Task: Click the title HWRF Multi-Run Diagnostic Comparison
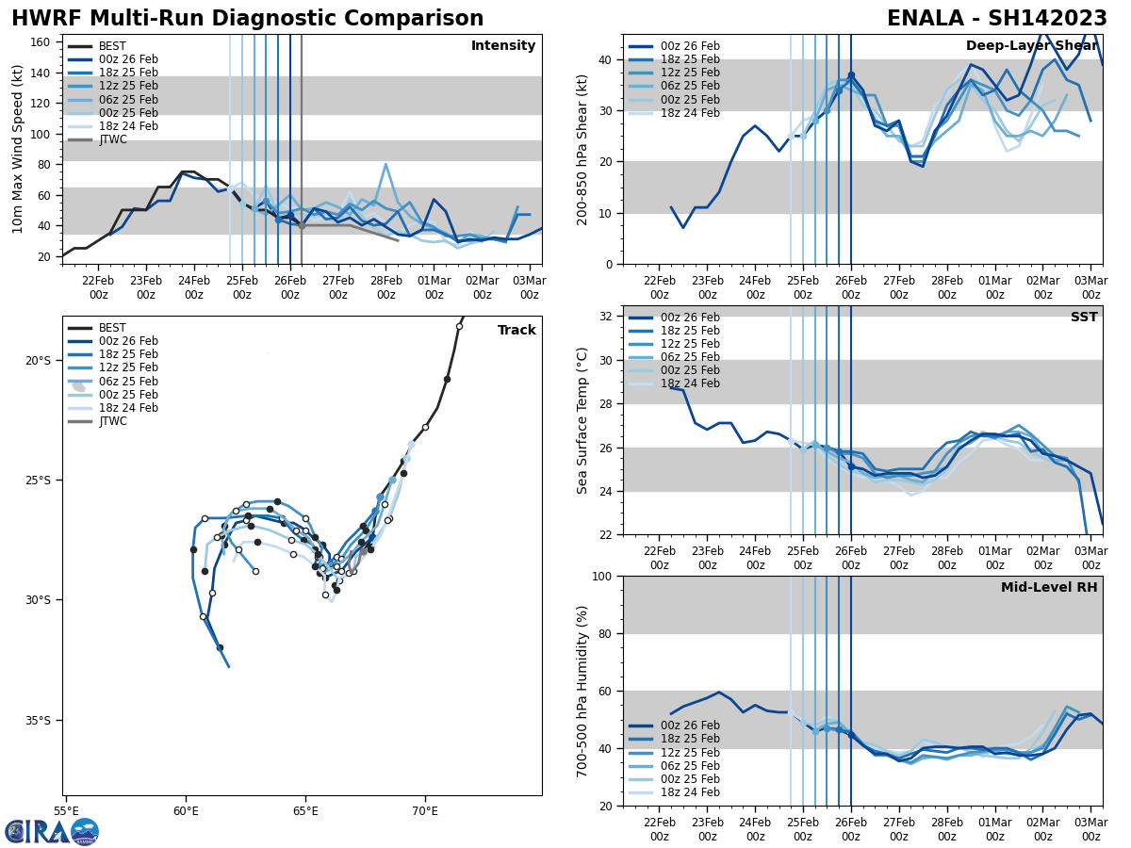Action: (247, 19)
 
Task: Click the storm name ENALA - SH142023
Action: (997, 19)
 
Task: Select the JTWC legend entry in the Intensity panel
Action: (112, 139)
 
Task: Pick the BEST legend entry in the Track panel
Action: (112, 328)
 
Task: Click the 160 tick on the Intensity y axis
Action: (42, 42)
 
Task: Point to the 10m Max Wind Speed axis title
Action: (18, 149)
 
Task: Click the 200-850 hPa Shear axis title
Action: (583, 149)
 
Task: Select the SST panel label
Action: (1084, 318)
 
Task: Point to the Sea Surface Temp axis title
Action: (583, 420)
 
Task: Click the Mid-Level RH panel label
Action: (1049, 588)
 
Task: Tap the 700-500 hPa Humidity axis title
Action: (583, 691)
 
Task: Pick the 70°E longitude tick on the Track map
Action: (425, 810)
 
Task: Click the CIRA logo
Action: (52, 831)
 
